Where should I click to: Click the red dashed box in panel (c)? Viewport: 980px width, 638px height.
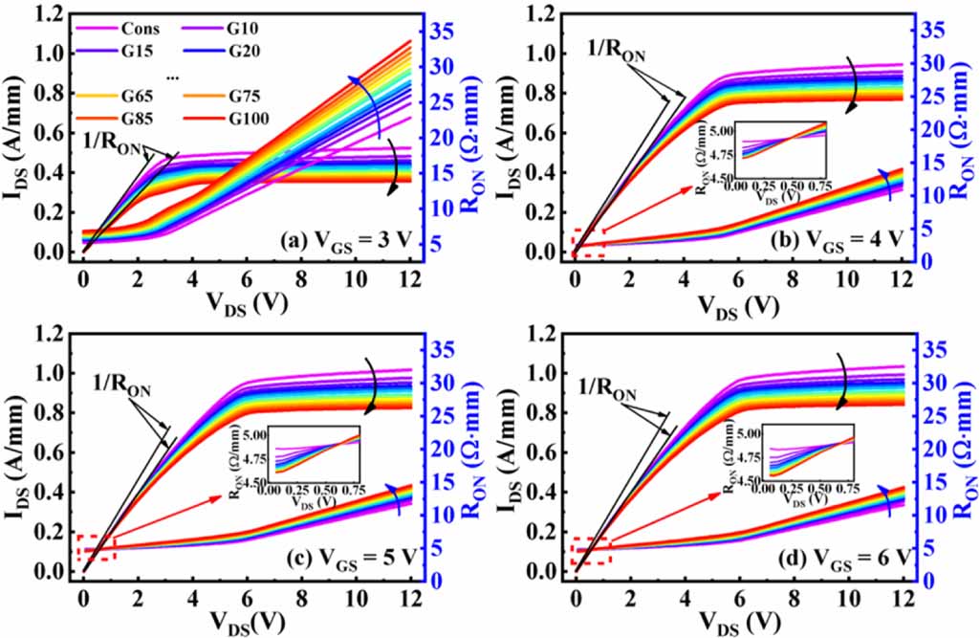(x=96, y=547)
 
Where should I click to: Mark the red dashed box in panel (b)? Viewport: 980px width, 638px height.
(x=587, y=243)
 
